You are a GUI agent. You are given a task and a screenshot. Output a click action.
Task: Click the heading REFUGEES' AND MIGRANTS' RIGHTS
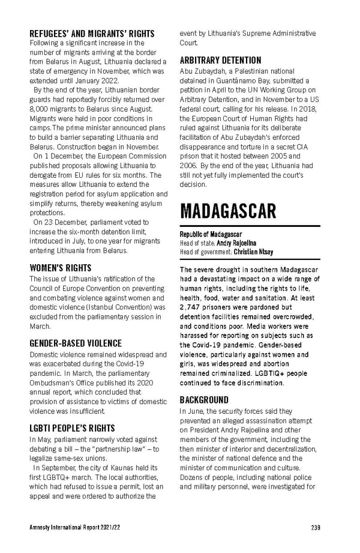pos(92,34)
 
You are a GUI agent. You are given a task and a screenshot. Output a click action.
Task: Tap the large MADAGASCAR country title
pos(229,211)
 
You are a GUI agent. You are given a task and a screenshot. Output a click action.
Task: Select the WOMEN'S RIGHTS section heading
pos(60,268)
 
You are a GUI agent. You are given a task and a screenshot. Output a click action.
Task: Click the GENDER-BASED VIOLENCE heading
pos(75,343)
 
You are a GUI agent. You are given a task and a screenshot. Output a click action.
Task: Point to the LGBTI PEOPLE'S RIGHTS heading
pos(72,428)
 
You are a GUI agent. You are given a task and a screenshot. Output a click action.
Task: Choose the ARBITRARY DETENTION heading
pos(220,61)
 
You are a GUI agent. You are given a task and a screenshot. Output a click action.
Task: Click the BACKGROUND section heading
pos(204,400)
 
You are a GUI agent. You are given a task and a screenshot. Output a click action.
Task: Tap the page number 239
pos(315,528)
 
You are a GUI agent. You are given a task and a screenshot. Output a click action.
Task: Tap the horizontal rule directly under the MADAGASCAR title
pos(250,226)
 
